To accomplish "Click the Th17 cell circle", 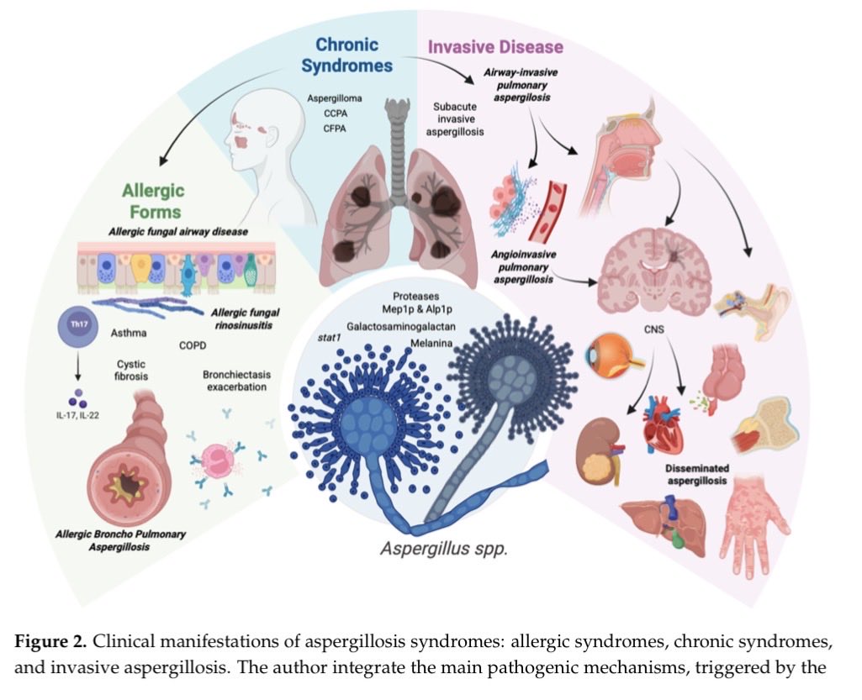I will [x=73, y=325].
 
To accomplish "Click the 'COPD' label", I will [x=193, y=345].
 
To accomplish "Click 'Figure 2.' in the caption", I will [x=51, y=643].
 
